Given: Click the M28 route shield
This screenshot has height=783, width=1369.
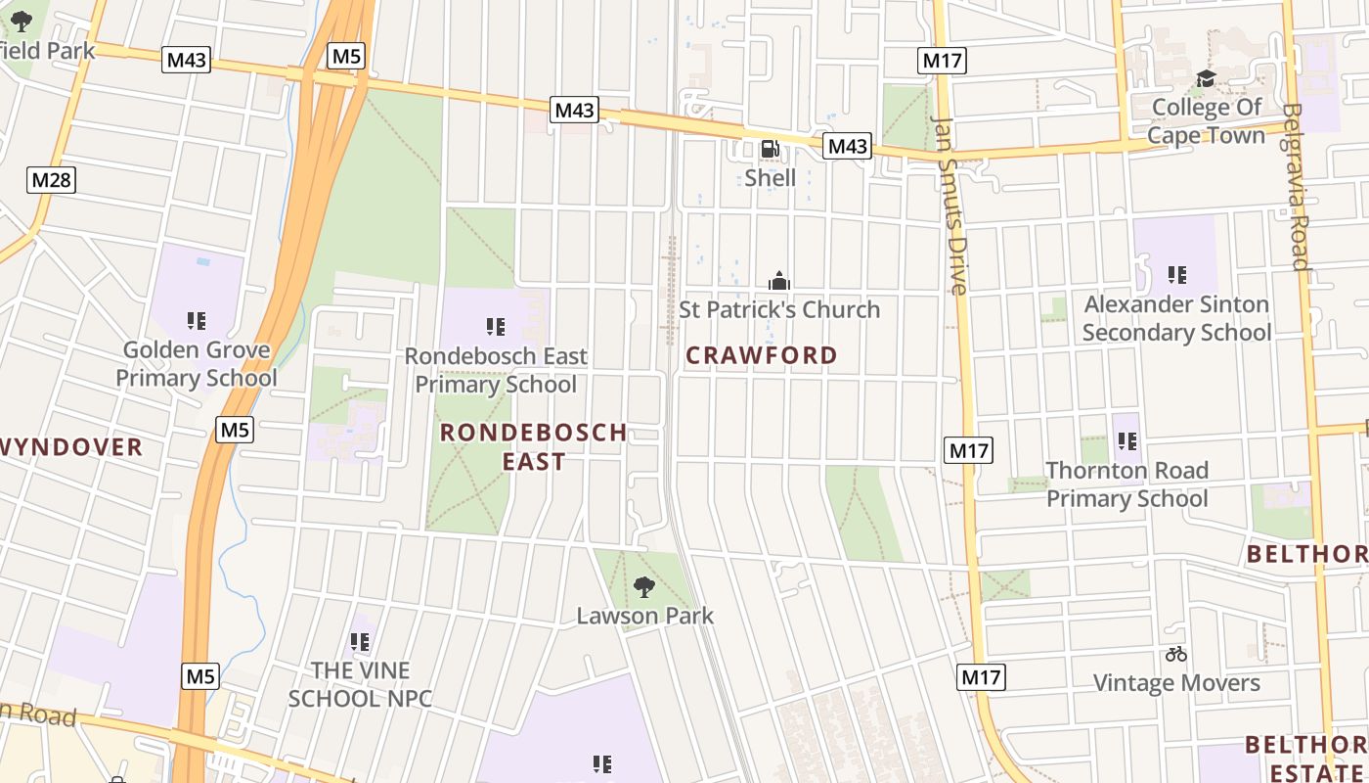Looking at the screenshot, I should pos(52,179).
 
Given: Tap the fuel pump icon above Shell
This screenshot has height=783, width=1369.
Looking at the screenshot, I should pos(771,150).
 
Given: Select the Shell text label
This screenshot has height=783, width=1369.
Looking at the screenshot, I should pos(771,178).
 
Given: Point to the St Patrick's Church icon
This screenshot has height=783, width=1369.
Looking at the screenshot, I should pos(778,282).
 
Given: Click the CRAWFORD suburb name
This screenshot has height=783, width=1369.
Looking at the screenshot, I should pos(762,355).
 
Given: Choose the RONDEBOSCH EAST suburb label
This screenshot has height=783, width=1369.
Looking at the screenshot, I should pos(534,446).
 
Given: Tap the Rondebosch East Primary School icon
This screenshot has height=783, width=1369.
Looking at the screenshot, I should pos(496,327).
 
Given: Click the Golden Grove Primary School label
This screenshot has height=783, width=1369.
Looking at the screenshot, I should pos(197,364).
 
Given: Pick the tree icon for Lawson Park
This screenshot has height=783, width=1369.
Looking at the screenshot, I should pos(644,587).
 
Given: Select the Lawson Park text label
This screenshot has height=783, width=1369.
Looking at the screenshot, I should pos(644,616).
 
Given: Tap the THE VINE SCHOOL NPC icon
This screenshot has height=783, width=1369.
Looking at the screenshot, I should pos(360,642).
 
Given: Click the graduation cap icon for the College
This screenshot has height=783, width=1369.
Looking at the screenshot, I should pos(1206,78).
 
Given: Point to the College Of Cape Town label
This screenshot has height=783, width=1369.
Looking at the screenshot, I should pos(1206,120).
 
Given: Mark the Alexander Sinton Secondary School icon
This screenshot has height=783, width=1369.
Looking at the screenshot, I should pos(1177,276).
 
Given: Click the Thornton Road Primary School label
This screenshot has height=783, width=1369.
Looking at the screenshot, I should pos(1127,484).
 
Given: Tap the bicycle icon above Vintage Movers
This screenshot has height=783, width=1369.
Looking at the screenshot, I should pos(1176,654).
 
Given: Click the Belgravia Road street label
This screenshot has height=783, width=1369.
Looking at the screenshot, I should pos(1298,186).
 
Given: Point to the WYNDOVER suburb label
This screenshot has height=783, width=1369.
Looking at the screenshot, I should pos(71,448).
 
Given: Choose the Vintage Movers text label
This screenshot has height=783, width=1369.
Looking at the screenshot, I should pos(1176,682).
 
